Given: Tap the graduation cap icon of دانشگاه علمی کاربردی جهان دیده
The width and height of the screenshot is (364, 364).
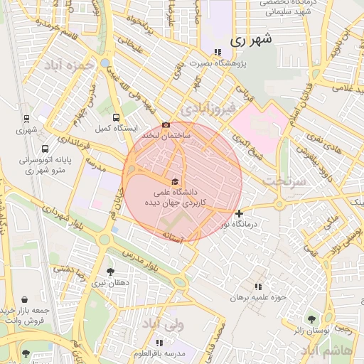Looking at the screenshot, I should pyautogui.click(x=175, y=181).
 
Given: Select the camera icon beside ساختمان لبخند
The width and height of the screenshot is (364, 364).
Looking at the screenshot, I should pyautogui.click(x=166, y=124).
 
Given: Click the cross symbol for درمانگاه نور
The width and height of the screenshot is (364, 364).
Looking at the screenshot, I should pyautogui.click(x=239, y=213).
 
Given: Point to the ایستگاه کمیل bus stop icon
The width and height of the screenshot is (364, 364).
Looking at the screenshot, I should pyautogui.click(x=116, y=118).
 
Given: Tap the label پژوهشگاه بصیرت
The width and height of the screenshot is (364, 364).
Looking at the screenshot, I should pyautogui.click(x=240, y=63).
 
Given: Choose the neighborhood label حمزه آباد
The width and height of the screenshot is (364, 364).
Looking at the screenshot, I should pyautogui.click(x=69, y=65).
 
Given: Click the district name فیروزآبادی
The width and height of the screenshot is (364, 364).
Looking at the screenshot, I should pyautogui.click(x=207, y=110).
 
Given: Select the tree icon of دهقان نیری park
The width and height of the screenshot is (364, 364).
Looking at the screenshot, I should pyautogui.click(x=109, y=272).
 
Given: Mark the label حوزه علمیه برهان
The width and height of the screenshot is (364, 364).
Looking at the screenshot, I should pyautogui.click(x=257, y=297).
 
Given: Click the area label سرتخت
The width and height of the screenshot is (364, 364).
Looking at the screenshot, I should pyautogui.click(x=284, y=181).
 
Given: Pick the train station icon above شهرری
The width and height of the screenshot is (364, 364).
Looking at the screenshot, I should pyautogui.click(x=26, y=119).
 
